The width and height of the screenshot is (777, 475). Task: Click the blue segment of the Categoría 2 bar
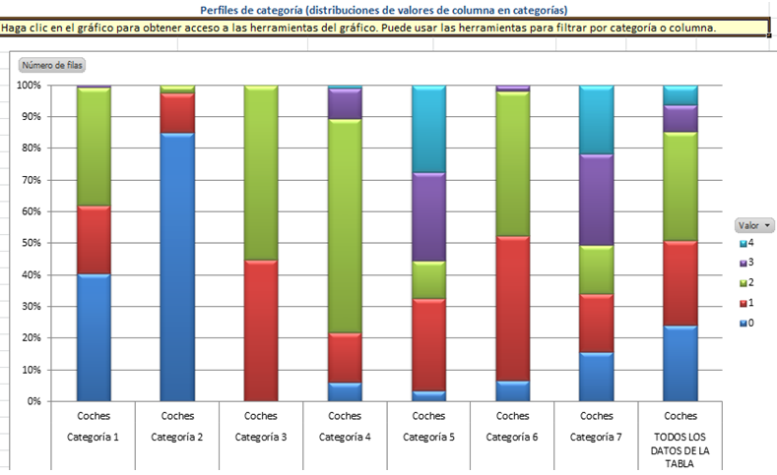click(177, 266)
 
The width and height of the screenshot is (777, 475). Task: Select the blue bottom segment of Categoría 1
click(94, 336)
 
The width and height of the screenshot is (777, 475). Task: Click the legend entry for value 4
click(749, 242)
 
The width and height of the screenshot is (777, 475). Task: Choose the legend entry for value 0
click(749, 322)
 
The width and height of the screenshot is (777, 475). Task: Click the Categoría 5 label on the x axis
click(428, 436)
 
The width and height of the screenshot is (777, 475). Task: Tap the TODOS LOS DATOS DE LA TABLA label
click(680, 449)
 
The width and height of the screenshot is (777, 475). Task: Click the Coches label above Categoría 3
click(261, 416)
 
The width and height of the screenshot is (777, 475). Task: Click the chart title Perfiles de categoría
click(383, 10)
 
